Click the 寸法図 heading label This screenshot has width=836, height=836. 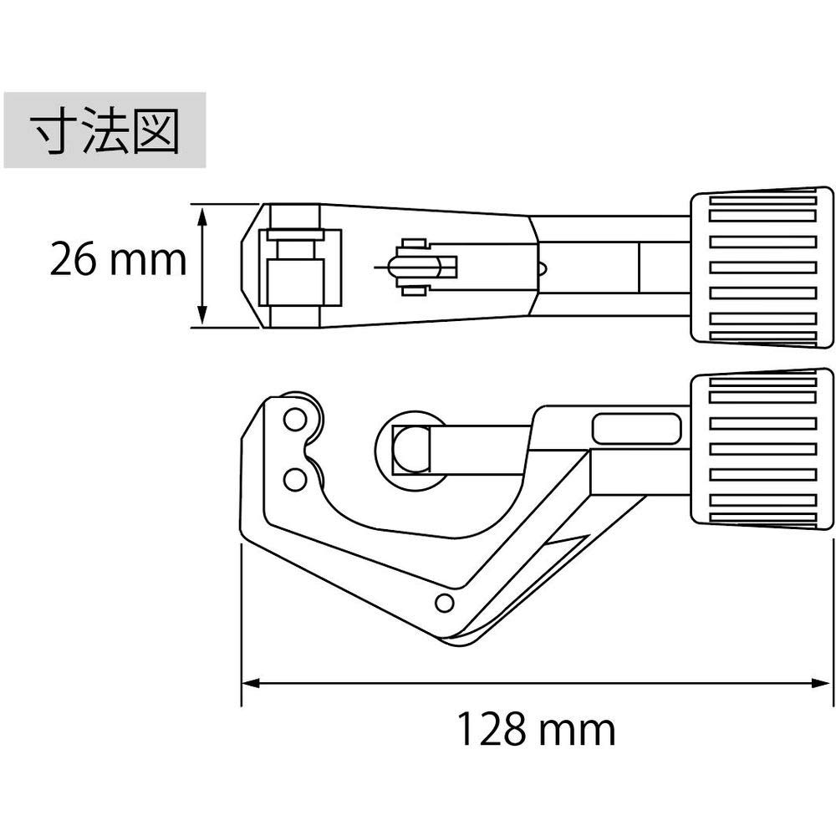click(104, 130)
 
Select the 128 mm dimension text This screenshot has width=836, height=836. click(535, 730)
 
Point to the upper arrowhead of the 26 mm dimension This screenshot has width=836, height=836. click(202, 214)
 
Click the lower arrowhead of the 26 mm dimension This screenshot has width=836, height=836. click(202, 316)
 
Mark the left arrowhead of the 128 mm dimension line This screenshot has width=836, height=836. click(249, 683)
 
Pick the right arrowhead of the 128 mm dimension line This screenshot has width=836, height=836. click(823, 683)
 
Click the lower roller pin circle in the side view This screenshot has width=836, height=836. click(294, 479)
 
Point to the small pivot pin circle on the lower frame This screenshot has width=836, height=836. click(445, 602)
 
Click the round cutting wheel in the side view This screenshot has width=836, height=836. click(411, 447)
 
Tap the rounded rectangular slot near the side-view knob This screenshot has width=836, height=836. click(637, 429)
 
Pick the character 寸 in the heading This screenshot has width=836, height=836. click(52, 130)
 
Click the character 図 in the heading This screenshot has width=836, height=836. click(156, 130)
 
